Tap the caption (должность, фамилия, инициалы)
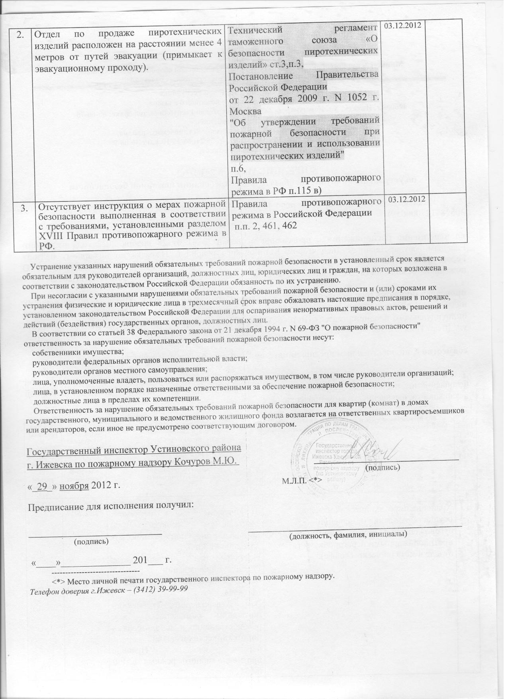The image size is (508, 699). coord(347,534)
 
